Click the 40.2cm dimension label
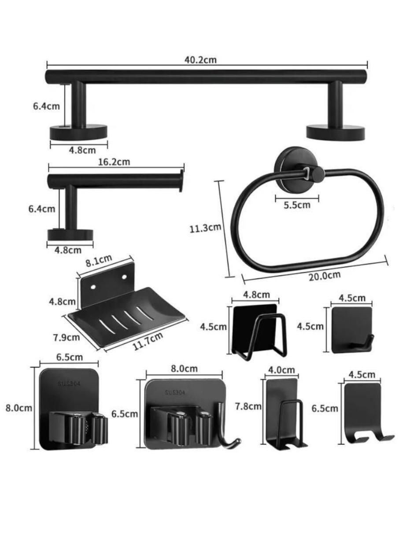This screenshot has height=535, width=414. point(200,60)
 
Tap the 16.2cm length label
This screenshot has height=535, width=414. point(114,162)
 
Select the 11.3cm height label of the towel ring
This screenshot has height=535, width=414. point(205,228)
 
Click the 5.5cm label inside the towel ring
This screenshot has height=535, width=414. point(297,205)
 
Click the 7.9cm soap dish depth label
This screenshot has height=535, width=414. point(67,337)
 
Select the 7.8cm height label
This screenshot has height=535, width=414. point(248,406)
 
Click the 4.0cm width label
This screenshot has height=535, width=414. point(281,370)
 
